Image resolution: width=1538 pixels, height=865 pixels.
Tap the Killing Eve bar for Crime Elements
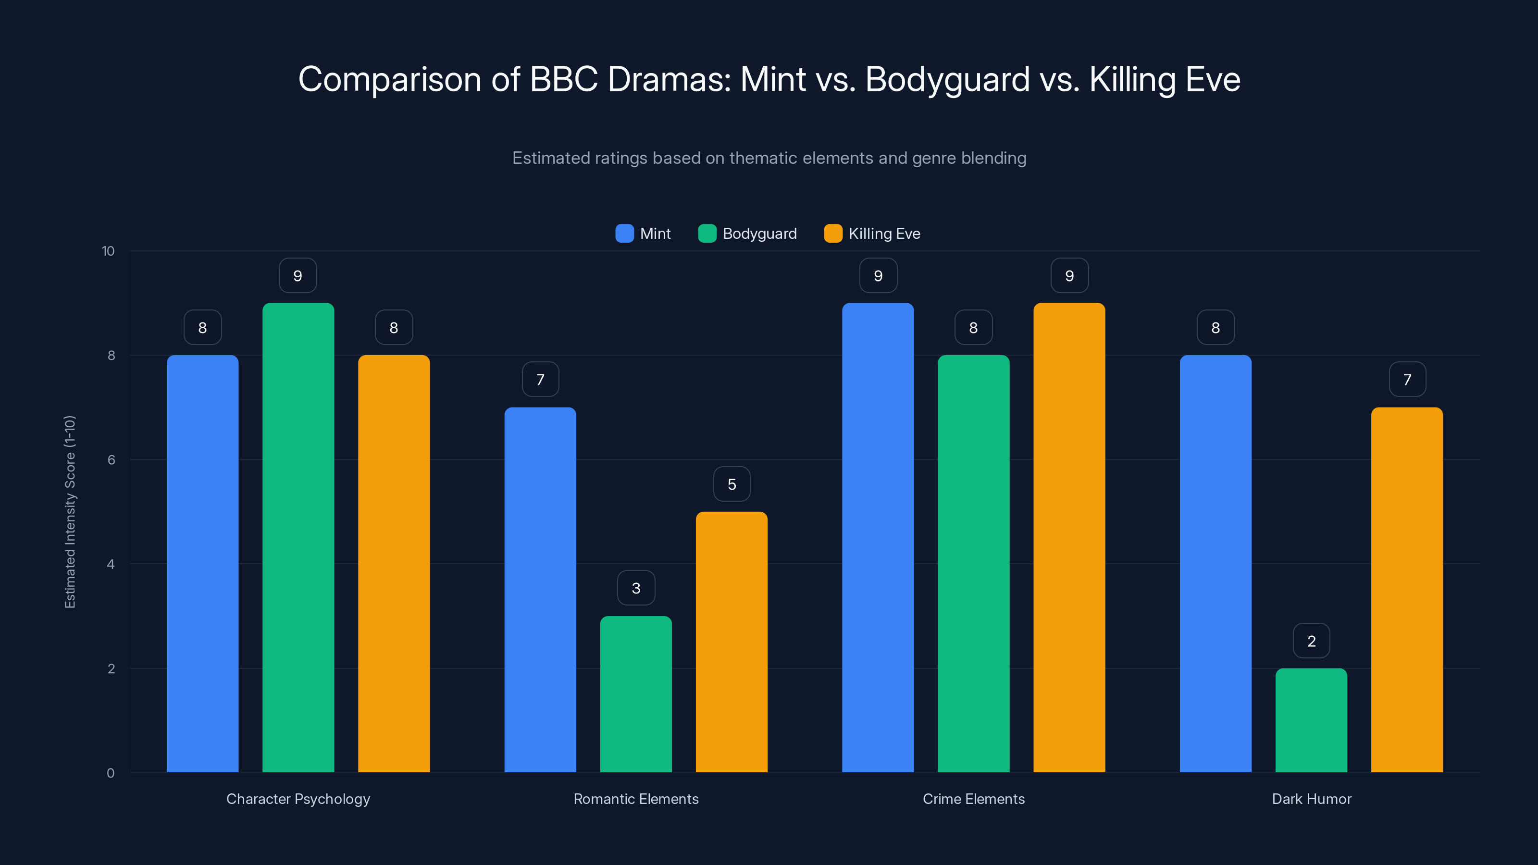[1069, 537]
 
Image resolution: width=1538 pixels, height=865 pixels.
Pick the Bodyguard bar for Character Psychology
[298, 537]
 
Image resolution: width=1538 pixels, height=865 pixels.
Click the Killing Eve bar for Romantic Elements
[732, 642]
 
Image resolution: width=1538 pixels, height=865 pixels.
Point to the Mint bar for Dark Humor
[1215, 564]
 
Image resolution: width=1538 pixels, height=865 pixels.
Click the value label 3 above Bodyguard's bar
[636, 589]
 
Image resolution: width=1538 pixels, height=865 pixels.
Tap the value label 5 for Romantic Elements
[732, 484]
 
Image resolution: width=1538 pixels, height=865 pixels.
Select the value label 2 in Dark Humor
[1311, 641]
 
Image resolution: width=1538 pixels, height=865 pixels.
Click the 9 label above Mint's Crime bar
[878, 276]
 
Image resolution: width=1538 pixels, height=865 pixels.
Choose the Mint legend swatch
[624, 234]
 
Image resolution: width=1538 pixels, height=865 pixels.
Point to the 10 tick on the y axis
[108, 251]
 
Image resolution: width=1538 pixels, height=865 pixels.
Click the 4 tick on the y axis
[111, 564]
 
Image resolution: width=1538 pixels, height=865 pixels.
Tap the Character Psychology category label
[298, 799]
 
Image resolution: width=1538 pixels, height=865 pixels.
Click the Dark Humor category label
[1311, 799]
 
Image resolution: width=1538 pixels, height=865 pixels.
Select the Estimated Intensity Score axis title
[70, 512]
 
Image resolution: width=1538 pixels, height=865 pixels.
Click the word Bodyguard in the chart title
[947, 79]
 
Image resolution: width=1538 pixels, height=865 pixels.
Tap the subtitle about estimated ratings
[769, 158]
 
